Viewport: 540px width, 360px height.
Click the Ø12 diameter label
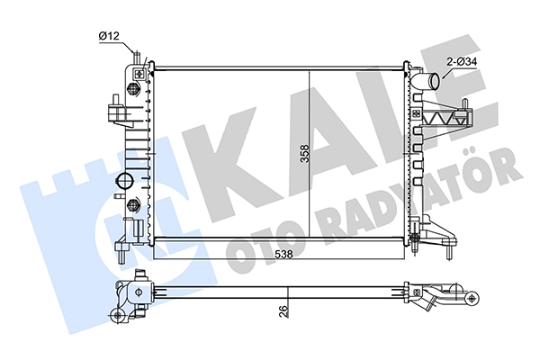pos(109,36)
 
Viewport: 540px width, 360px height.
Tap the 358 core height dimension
pos(305,153)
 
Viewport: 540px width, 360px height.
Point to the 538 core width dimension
pos(283,254)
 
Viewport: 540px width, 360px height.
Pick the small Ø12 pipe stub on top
pos(137,58)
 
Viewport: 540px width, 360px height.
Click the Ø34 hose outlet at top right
pos(427,80)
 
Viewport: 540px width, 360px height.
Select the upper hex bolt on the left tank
pos(132,90)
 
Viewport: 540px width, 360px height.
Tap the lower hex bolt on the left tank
pos(132,206)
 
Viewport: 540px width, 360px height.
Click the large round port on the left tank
pos(124,181)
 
